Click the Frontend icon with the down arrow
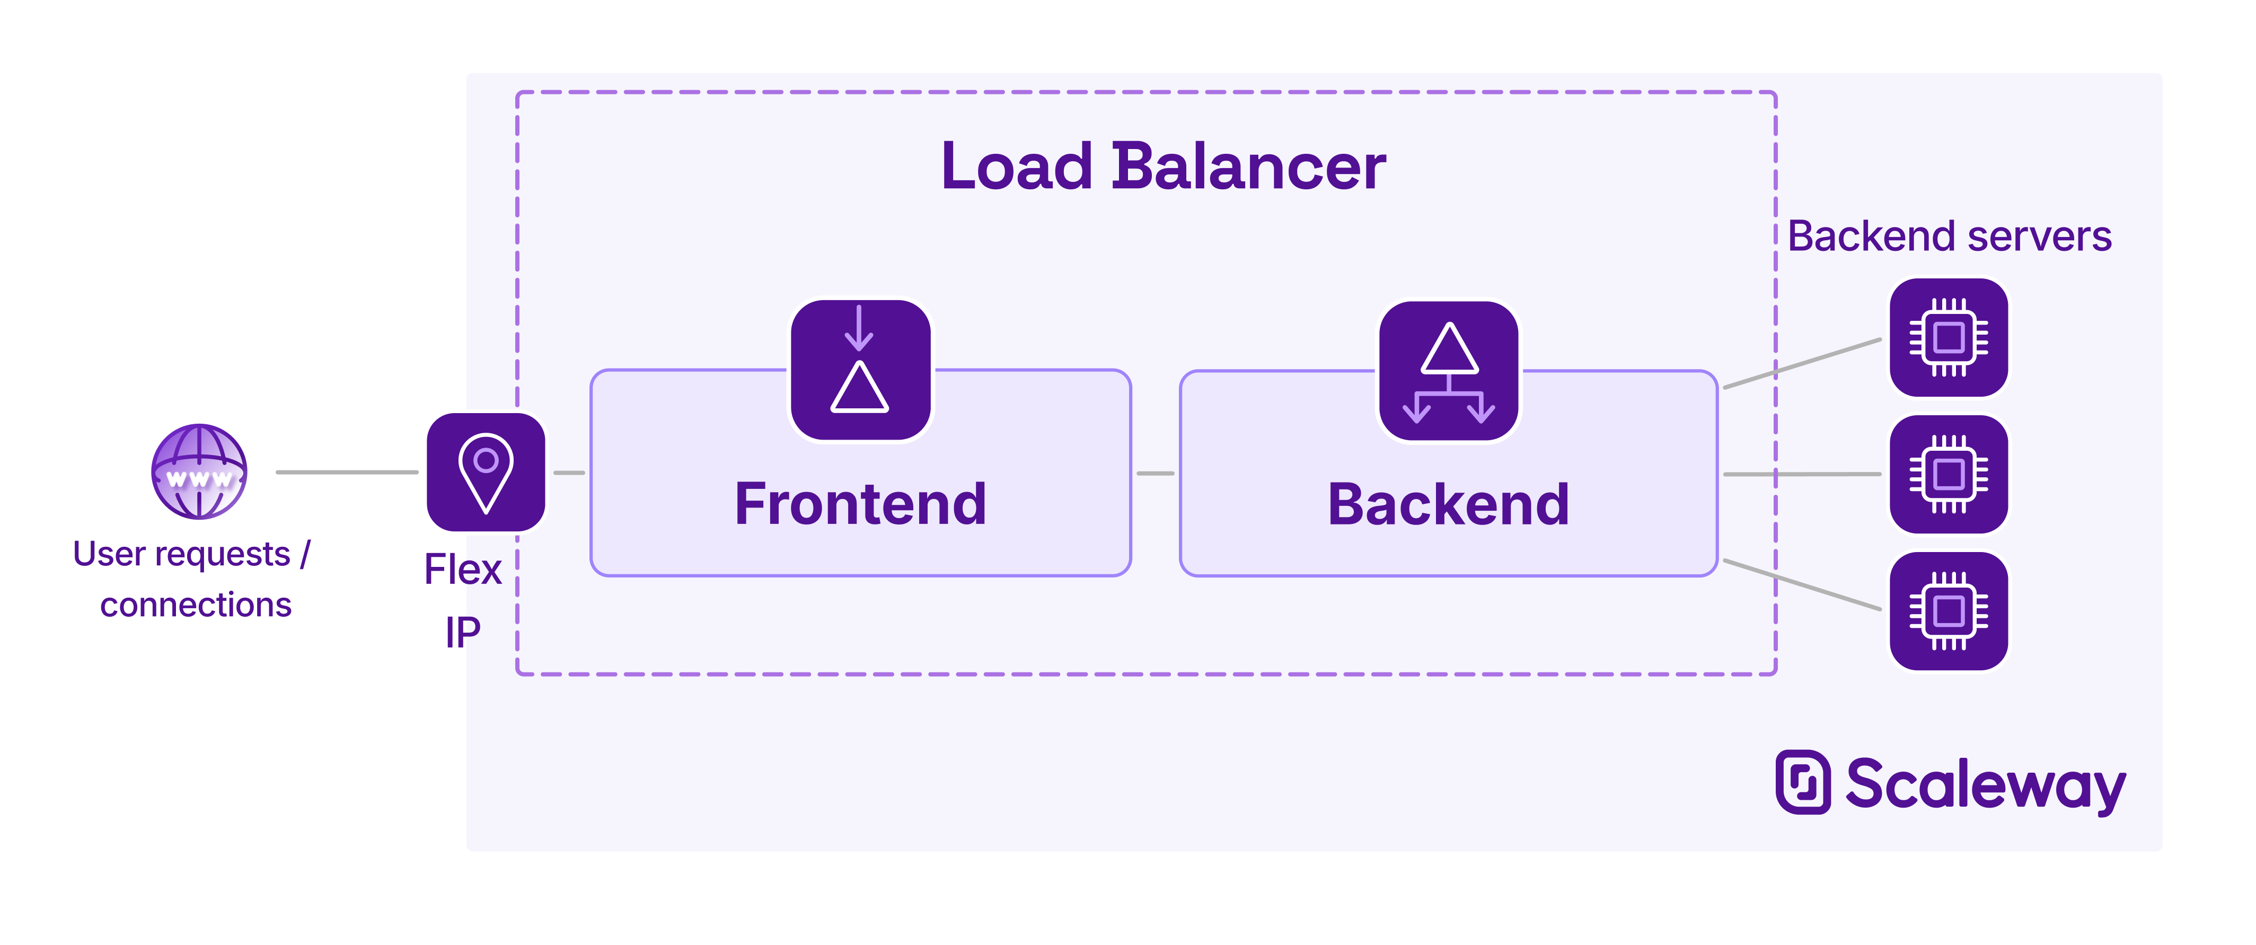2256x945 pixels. tap(860, 370)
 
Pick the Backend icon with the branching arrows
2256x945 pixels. tap(1449, 371)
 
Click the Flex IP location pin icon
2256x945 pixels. tap(486, 472)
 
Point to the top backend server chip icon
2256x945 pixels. tap(1949, 337)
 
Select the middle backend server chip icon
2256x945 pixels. tap(1949, 474)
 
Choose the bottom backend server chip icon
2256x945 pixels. tap(1949, 610)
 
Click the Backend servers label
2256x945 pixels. tap(1950, 237)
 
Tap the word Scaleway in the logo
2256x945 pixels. tap(1985, 785)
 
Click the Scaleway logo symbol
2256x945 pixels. tap(1802, 782)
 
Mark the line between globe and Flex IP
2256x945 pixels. tap(347, 472)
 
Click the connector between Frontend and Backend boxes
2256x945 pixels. tap(1155, 473)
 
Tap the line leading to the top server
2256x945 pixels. tap(1802, 363)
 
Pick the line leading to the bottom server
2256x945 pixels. tap(1802, 584)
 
